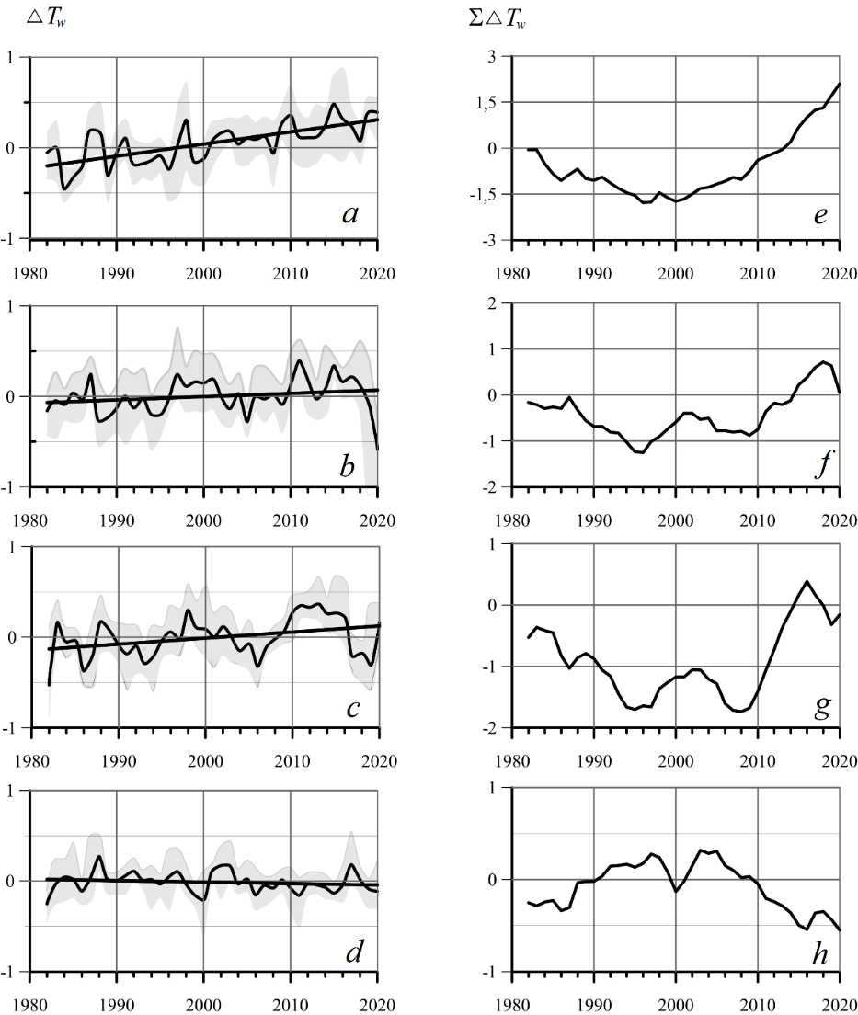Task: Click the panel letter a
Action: (350, 215)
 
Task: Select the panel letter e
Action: (820, 216)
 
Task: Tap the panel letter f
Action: (821, 464)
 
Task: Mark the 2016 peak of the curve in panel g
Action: (807, 581)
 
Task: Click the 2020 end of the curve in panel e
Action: (840, 84)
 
